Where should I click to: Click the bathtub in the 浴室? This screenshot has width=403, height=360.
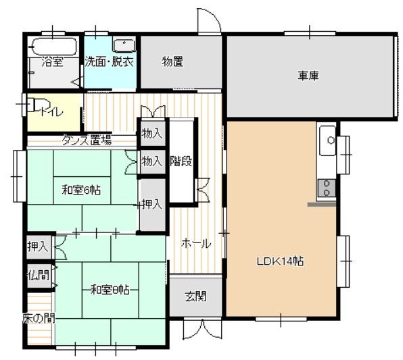[x=55, y=47]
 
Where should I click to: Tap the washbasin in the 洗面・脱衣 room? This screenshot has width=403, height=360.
[x=124, y=46]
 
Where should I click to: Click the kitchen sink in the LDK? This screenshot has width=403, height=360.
[x=328, y=140]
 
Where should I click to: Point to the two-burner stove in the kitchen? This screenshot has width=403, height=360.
[x=327, y=188]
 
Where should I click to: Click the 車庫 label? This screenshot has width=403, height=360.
[x=308, y=76]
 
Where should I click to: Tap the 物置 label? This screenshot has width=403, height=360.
[x=172, y=62]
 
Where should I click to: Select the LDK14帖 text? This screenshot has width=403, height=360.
[x=280, y=261]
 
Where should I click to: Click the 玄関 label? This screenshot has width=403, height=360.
[x=195, y=297]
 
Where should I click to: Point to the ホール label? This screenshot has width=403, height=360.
[x=196, y=243]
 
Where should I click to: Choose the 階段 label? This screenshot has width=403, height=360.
[x=181, y=161]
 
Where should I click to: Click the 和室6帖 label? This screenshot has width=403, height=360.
[x=81, y=190]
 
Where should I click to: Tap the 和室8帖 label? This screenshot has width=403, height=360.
[x=110, y=290]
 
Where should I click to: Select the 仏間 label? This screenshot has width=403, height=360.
[x=39, y=276]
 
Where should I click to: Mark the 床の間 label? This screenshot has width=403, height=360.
[x=39, y=318]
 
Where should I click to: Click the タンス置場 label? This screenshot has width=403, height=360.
[x=87, y=140]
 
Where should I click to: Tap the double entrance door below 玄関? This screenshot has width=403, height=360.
[x=202, y=329]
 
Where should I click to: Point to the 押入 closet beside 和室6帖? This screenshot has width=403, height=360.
[x=152, y=205]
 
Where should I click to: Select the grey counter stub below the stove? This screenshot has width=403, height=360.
[x=322, y=205]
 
